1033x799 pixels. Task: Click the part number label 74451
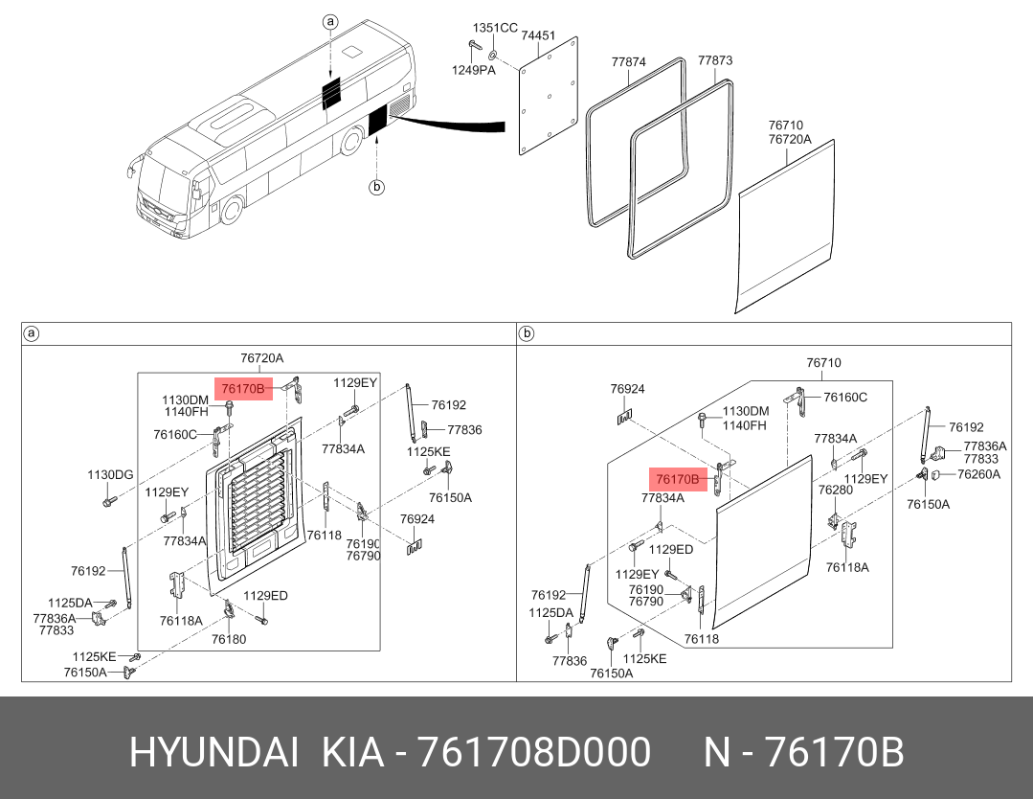(538, 35)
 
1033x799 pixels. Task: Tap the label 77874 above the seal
(628, 62)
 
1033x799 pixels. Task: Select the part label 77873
(715, 60)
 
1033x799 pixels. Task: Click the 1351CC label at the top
(495, 28)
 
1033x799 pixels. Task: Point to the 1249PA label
(473, 70)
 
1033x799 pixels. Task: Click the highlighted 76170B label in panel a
(243, 389)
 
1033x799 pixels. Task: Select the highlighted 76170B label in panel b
(678, 479)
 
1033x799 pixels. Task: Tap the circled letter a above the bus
(330, 22)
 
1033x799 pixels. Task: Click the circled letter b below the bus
(376, 187)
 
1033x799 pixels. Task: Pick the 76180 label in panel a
(229, 639)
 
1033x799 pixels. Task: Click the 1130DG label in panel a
(110, 474)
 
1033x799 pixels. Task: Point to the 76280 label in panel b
(836, 490)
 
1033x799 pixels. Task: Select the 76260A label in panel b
(978, 474)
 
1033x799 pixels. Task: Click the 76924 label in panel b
(627, 389)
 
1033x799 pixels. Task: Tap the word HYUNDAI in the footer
(214, 752)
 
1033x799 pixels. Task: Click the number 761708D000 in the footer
(534, 752)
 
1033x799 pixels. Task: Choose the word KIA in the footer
(352, 752)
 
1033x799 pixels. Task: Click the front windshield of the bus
(163, 184)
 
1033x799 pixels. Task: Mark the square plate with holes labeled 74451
(549, 96)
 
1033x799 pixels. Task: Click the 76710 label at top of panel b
(823, 362)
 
